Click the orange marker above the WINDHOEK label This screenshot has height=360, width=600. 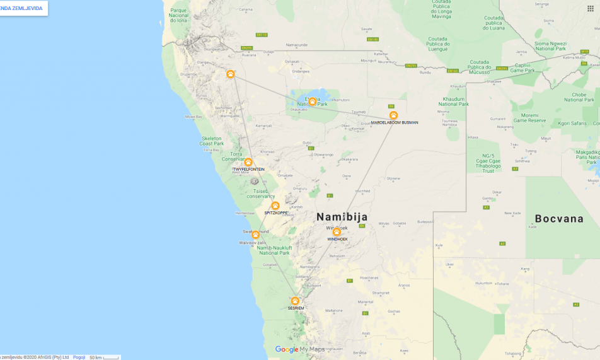[x=337, y=232]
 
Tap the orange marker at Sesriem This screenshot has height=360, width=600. [x=294, y=301]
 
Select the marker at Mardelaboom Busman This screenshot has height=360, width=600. [x=393, y=115]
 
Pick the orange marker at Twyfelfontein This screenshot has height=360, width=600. [x=248, y=162]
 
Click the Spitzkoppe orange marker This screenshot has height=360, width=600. [x=275, y=206]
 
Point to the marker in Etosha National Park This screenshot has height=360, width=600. [x=312, y=102]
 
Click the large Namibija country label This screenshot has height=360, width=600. [x=342, y=217]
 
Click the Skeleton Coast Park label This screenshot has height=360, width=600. [x=211, y=141]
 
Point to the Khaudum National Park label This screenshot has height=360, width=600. [x=453, y=102]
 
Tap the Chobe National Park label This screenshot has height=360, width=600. [x=579, y=97]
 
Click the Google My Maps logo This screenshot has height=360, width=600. [x=299, y=349]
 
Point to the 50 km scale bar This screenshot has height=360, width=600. [x=104, y=357]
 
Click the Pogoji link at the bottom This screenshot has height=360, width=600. [x=79, y=357]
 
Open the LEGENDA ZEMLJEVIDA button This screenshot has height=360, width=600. [x=23, y=8]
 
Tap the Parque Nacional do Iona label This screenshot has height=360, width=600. [x=179, y=15]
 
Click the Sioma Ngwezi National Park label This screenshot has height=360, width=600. [x=550, y=45]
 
